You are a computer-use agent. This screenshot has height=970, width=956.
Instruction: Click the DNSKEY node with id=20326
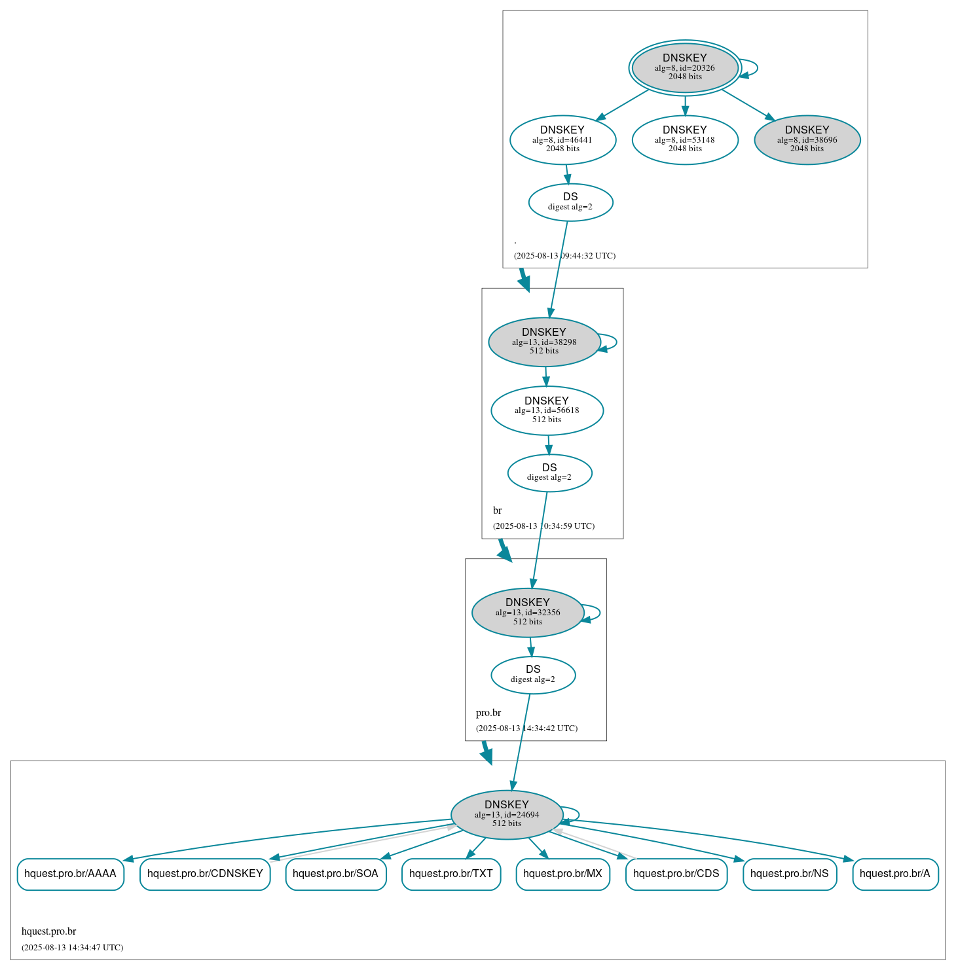684,67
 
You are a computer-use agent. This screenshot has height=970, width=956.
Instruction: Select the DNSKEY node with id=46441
562,139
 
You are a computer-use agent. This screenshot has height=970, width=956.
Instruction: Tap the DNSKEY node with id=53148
685,139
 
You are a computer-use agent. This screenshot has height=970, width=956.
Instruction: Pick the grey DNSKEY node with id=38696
807,139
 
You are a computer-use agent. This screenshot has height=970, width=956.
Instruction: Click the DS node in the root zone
570,202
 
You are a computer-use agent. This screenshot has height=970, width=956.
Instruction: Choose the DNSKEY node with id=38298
544,342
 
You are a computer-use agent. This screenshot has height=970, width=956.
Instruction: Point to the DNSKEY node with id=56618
547,410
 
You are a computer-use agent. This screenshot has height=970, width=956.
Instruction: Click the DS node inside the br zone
549,473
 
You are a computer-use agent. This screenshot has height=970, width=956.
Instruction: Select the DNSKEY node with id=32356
528,613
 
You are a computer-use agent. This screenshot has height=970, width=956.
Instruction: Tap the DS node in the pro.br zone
533,675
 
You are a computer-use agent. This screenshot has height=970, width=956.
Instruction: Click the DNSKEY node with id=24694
507,815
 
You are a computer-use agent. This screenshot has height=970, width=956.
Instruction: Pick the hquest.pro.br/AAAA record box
70,874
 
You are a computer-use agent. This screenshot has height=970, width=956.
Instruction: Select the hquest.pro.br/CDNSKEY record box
205,874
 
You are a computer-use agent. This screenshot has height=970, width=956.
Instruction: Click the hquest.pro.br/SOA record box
335,874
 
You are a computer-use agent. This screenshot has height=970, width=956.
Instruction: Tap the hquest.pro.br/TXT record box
451,874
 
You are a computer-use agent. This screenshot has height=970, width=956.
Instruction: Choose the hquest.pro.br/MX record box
562,874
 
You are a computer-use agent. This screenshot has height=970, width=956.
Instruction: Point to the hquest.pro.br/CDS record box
676,874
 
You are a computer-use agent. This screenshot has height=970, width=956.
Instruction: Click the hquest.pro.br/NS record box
789,874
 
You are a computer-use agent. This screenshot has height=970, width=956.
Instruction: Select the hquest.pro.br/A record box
894,874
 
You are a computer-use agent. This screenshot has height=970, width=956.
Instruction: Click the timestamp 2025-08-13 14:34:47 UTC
72,947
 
